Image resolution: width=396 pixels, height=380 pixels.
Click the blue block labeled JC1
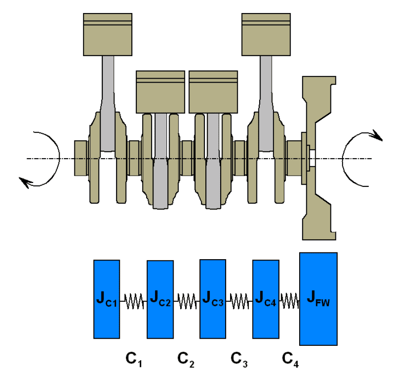(107, 299)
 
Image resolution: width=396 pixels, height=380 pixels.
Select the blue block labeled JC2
(160, 299)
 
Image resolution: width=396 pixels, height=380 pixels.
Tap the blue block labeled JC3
(213, 298)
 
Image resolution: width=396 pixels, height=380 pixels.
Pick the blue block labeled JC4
(266, 299)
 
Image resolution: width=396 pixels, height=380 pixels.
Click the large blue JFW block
(318, 299)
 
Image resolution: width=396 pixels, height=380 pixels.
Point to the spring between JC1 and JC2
(134, 301)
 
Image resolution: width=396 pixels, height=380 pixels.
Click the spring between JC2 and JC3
(187, 301)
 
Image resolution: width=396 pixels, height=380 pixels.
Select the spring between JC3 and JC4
(239, 301)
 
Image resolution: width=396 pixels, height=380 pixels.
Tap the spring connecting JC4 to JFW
(290, 301)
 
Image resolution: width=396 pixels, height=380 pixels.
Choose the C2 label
(186, 359)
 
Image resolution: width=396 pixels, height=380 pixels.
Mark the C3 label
(239, 359)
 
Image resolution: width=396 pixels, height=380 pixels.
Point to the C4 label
(291, 359)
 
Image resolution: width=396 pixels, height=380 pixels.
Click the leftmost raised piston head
(108, 34)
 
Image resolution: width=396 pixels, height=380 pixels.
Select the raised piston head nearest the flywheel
(266, 34)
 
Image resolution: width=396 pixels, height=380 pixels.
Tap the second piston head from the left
(160, 92)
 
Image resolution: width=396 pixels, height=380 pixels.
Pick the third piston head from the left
(213, 92)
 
